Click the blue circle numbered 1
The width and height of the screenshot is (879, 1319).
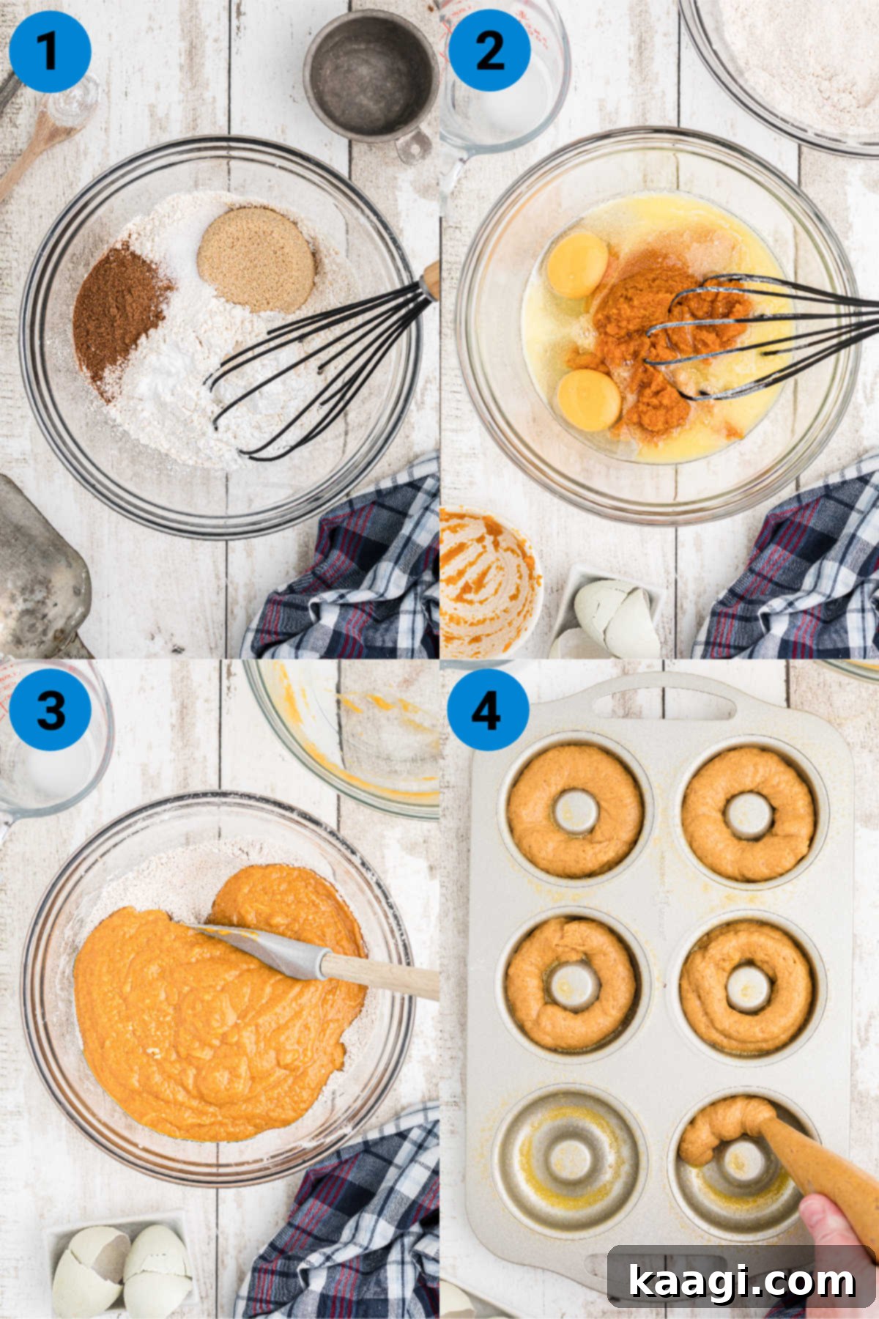[x=50, y=51]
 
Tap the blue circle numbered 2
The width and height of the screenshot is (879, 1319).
[x=489, y=51]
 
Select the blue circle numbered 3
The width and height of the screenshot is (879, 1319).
[x=50, y=709]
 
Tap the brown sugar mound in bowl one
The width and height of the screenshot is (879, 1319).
[x=256, y=259]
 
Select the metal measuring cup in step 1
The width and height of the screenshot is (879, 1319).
[x=371, y=73]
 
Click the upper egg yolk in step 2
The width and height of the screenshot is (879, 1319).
[x=577, y=265]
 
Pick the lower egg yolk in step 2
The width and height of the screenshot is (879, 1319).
[x=589, y=399]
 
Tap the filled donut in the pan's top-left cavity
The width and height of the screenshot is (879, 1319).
[x=575, y=811]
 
